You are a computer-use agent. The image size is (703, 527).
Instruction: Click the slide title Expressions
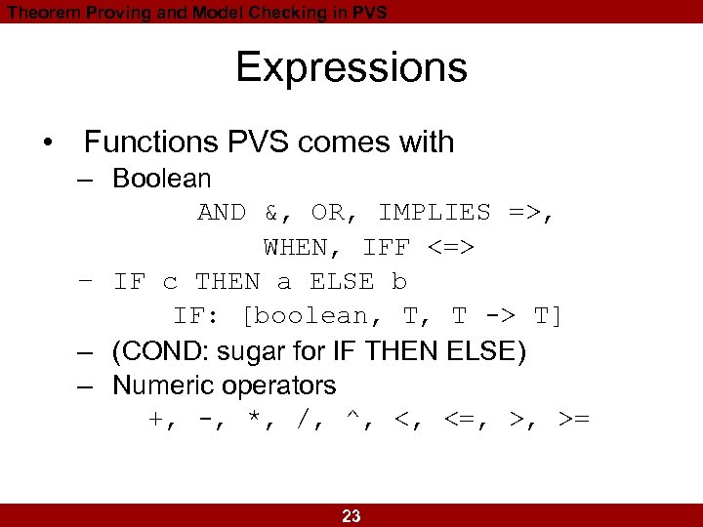pos(351,68)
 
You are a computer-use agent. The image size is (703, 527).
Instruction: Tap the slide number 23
pos(351,516)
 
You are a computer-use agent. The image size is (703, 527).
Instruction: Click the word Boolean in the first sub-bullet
pos(162,179)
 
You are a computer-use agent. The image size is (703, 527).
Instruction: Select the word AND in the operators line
pos(222,213)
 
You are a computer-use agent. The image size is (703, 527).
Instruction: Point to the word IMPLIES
pos(434,213)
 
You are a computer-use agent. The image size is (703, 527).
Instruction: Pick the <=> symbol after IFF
pos(451,248)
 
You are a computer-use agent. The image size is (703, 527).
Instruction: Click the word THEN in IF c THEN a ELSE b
pos(227,282)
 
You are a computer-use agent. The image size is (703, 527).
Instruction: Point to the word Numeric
pos(164,385)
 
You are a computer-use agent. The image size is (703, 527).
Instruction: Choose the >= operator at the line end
pos(573,420)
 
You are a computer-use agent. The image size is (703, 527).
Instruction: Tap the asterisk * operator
pos(257,420)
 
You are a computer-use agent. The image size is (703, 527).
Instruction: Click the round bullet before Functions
pos(48,143)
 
